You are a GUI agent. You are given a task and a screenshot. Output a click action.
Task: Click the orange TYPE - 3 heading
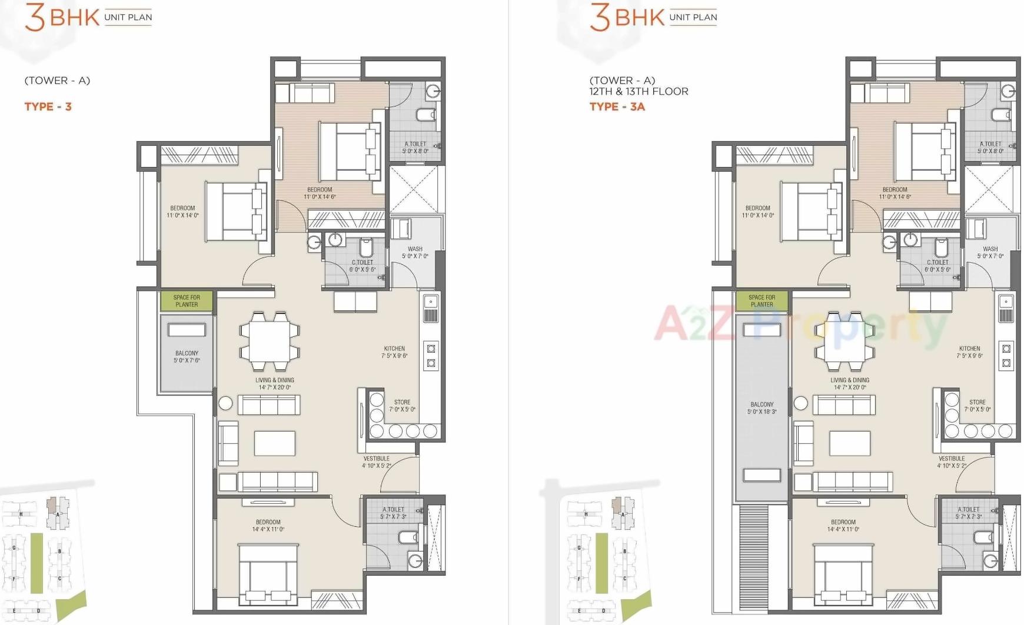48,106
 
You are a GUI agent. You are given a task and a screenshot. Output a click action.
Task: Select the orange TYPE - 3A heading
617,106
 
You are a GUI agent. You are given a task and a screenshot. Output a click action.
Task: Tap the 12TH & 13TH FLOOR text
639,91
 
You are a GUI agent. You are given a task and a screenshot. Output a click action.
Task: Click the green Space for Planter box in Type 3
187,301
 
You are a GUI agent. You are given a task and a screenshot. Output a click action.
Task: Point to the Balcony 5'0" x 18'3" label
762,408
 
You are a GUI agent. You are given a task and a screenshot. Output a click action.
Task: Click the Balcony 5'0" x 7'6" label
187,357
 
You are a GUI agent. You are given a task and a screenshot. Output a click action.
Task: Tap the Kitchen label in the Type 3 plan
394,352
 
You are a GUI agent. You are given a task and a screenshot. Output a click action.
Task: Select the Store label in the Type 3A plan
978,406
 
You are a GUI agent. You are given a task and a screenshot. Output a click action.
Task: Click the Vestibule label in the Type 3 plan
377,462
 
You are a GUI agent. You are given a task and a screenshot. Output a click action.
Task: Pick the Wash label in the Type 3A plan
990,252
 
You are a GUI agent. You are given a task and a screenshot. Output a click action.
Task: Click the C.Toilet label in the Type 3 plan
363,266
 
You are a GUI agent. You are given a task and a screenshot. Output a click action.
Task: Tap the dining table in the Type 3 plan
270,341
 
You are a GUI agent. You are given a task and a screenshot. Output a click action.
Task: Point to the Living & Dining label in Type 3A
849,383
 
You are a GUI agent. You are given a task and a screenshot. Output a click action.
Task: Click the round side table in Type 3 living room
225,403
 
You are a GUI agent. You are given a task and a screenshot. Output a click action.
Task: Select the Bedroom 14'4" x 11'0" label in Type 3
268,526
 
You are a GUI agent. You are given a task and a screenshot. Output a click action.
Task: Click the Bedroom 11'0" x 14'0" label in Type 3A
757,212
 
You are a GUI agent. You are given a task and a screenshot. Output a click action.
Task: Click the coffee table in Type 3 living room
275,443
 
